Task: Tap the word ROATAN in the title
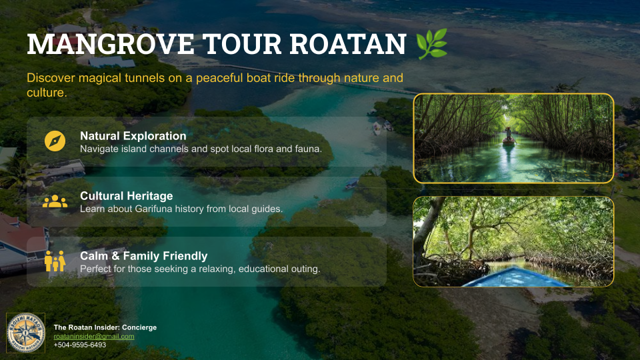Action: coord(347,45)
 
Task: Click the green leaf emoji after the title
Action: coord(431,44)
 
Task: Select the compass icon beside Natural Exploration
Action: coord(55,141)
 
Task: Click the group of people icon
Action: coord(55,201)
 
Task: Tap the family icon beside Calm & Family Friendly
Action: coord(55,261)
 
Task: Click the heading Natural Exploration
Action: coord(133,136)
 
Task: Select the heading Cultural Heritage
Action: coord(126,196)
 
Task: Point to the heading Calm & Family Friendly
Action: coord(143,256)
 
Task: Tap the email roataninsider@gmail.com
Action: coord(94,337)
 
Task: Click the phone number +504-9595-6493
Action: coord(79,345)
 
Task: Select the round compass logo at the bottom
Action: coord(25,333)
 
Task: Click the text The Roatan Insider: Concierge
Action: coord(105,327)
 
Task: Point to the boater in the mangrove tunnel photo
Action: coord(509,135)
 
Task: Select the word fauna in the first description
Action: coord(307,149)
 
